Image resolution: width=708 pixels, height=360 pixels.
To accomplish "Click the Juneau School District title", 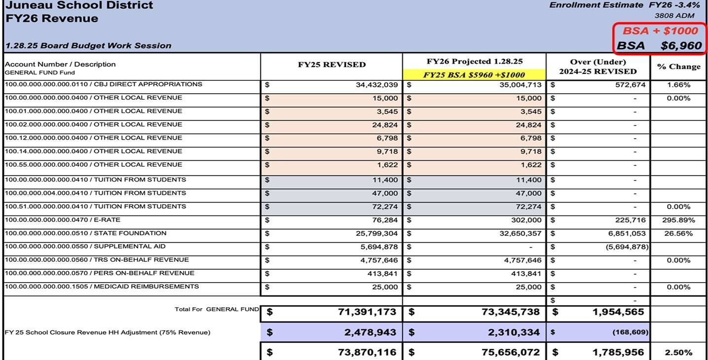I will tap(79, 5).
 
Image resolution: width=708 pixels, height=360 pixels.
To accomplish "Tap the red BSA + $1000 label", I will tap(660, 31).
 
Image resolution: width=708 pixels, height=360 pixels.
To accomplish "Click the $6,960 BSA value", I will tap(681, 46).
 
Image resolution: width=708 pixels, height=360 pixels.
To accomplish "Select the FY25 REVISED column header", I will tap(332, 65).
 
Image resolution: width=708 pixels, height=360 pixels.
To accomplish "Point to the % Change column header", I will tap(678, 67).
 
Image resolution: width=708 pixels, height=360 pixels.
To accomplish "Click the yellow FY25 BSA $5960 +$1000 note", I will tap(474, 75).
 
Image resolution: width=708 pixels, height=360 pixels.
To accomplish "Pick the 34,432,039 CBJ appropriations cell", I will tap(376, 85).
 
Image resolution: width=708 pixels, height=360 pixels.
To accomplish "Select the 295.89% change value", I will tap(678, 220).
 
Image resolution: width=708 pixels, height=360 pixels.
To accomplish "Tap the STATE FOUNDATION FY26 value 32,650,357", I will tap(520, 233).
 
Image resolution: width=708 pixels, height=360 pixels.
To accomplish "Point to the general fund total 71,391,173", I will tap(367, 312).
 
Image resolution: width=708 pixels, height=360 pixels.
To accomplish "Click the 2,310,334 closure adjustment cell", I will tap(514, 332).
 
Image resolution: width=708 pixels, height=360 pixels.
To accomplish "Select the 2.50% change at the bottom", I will tap(678, 353).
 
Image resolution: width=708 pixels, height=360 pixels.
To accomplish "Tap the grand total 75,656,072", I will tap(511, 353).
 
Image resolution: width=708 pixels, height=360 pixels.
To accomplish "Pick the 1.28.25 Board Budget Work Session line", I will tap(88, 46).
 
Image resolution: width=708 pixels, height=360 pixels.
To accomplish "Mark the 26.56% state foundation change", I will tap(678, 233).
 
